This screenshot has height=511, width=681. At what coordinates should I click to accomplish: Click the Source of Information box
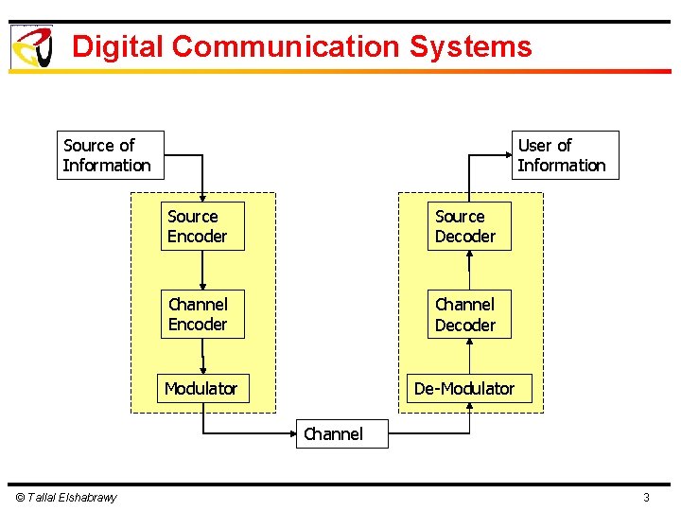[x=110, y=155]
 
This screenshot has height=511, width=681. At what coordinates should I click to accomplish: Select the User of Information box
[x=565, y=155]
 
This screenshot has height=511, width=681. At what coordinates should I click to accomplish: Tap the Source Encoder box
[x=201, y=226]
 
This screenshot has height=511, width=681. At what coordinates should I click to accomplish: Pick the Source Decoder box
[x=469, y=226]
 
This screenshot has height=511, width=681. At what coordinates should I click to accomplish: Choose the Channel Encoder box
[x=201, y=314]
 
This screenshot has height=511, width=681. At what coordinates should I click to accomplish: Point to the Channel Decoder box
[x=469, y=314]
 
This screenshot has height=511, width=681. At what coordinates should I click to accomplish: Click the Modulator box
[x=202, y=389]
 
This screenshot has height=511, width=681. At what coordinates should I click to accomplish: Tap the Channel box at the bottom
[x=333, y=434]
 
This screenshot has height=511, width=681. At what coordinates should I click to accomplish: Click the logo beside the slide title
[x=31, y=47]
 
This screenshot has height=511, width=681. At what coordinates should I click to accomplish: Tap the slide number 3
[x=646, y=498]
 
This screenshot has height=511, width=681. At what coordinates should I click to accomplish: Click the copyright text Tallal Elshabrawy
[x=65, y=498]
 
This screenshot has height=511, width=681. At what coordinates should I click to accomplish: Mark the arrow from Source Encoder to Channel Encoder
[x=202, y=271]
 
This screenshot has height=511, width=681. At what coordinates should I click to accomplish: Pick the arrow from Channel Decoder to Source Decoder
[x=469, y=271]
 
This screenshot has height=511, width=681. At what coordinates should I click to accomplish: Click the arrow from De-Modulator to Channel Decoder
[x=469, y=357]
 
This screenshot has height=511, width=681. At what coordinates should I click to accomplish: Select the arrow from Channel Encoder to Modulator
[x=202, y=357]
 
